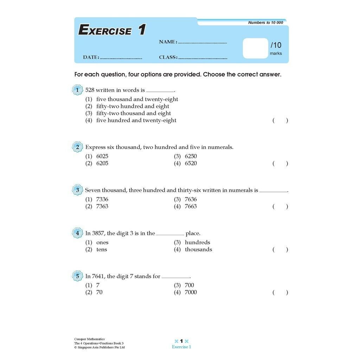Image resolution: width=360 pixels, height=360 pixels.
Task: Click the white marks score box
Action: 256,48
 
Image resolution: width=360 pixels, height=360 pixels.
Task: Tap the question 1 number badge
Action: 77,90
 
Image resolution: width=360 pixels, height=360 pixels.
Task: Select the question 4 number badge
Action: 77,233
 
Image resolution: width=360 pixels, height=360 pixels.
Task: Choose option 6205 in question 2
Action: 102,163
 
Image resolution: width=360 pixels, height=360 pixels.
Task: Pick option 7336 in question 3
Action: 102,199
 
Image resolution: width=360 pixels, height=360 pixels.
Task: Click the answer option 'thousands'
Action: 198,250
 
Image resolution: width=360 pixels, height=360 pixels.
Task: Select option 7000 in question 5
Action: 191,292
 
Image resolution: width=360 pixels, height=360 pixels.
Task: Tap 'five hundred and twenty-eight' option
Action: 136,121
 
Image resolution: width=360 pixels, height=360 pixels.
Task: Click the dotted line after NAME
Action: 202,43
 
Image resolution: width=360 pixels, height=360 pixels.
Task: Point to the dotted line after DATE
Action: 121,58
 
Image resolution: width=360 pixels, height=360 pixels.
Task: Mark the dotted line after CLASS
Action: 203,58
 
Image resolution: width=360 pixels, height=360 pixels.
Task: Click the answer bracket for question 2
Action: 280,163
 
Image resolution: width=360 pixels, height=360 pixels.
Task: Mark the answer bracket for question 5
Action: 280,292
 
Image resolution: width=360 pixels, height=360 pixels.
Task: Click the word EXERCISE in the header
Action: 105,30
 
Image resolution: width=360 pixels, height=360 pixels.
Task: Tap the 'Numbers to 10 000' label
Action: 265,22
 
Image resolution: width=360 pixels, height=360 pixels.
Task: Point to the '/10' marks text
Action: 276,45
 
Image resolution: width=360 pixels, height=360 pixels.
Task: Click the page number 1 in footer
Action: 181,341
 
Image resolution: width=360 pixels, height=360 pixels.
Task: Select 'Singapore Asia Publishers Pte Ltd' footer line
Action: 99,348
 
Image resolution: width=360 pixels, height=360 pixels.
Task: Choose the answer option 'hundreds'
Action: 197,243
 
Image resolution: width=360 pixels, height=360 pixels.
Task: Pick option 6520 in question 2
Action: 191,163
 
